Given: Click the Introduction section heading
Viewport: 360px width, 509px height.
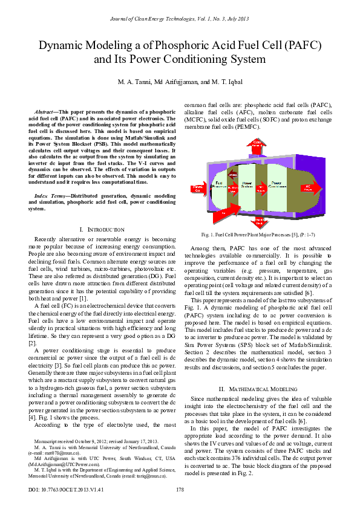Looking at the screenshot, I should tap(102, 230).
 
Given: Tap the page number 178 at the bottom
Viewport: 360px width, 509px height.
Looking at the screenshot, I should tap(180, 489).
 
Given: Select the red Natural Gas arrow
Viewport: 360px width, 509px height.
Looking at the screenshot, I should tap(197, 189).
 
